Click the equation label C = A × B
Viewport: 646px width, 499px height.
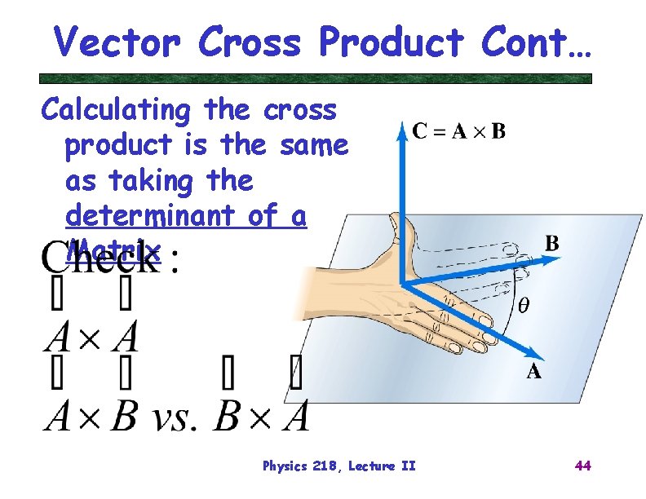[459, 130]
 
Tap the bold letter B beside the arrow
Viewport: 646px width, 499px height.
[551, 243]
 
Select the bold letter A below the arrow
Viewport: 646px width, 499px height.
[533, 373]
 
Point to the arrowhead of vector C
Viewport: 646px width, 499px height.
[400, 130]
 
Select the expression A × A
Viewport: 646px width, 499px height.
[91, 336]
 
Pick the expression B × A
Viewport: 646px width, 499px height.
[262, 416]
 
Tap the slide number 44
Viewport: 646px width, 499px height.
[582, 466]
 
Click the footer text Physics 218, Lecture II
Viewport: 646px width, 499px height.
[338, 466]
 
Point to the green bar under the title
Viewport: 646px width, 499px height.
[316, 79]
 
